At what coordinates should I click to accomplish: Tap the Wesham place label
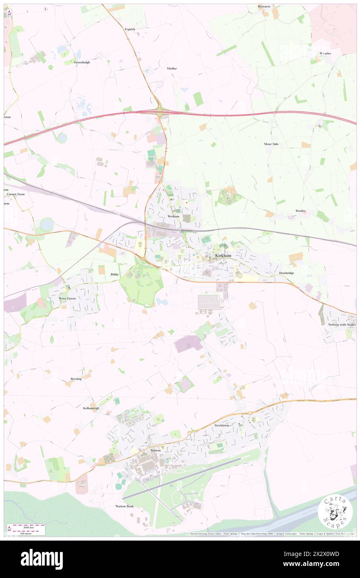(173, 217)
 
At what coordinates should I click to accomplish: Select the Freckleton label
(222, 426)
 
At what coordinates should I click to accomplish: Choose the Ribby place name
(115, 275)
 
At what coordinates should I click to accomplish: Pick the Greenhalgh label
(82, 62)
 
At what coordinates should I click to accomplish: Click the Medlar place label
(172, 68)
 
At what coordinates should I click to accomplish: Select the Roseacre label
(264, 7)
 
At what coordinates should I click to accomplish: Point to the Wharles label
(325, 54)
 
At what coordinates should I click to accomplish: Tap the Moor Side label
(271, 144)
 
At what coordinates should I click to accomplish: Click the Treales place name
(300, 211)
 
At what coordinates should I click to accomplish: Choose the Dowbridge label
(286, 273)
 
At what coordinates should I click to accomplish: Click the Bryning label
(76, 379)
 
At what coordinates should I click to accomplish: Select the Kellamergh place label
(91, 409)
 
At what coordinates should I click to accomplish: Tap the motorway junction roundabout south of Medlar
(159, 111)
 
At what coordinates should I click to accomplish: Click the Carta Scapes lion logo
(335, 512)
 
